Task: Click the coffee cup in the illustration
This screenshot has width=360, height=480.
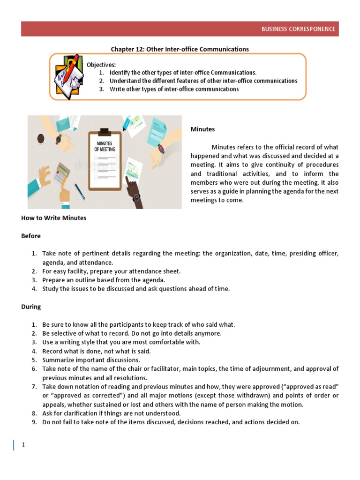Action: [41, 138]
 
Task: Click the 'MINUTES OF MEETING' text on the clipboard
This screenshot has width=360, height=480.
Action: [105, 146]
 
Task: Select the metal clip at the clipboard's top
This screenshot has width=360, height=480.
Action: [105, 131]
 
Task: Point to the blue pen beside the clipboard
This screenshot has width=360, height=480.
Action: [79, 191]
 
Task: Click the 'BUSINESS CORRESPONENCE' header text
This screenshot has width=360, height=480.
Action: [298, 29]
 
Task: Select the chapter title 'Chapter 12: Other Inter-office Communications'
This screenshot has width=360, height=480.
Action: [180, 49]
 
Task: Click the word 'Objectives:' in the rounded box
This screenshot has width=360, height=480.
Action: [101, 65]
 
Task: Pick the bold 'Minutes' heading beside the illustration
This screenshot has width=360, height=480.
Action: [202, 129]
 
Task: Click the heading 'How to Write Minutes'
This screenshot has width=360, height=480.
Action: [53, 218]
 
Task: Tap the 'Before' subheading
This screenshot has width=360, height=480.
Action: [31, 236]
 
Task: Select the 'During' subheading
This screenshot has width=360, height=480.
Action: [31, 307]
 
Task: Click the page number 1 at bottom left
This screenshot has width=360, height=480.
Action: [22, 445]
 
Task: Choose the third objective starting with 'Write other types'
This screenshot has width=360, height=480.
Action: [174, 89]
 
